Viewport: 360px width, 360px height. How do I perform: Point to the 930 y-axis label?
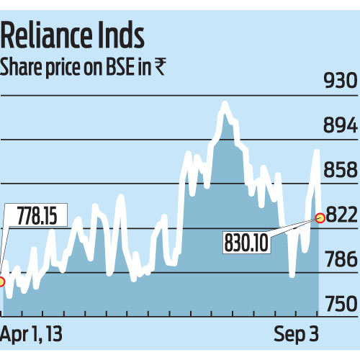point(340,81)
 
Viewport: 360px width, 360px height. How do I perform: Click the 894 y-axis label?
point(340,126)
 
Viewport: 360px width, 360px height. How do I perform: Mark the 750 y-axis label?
point(340,305)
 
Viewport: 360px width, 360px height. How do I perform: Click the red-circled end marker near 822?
point(319,217)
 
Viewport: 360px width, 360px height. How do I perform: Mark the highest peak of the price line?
point(225,105)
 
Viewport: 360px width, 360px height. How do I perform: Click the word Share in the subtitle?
point(22,68)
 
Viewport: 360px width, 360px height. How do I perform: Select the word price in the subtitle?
point(60,68)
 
